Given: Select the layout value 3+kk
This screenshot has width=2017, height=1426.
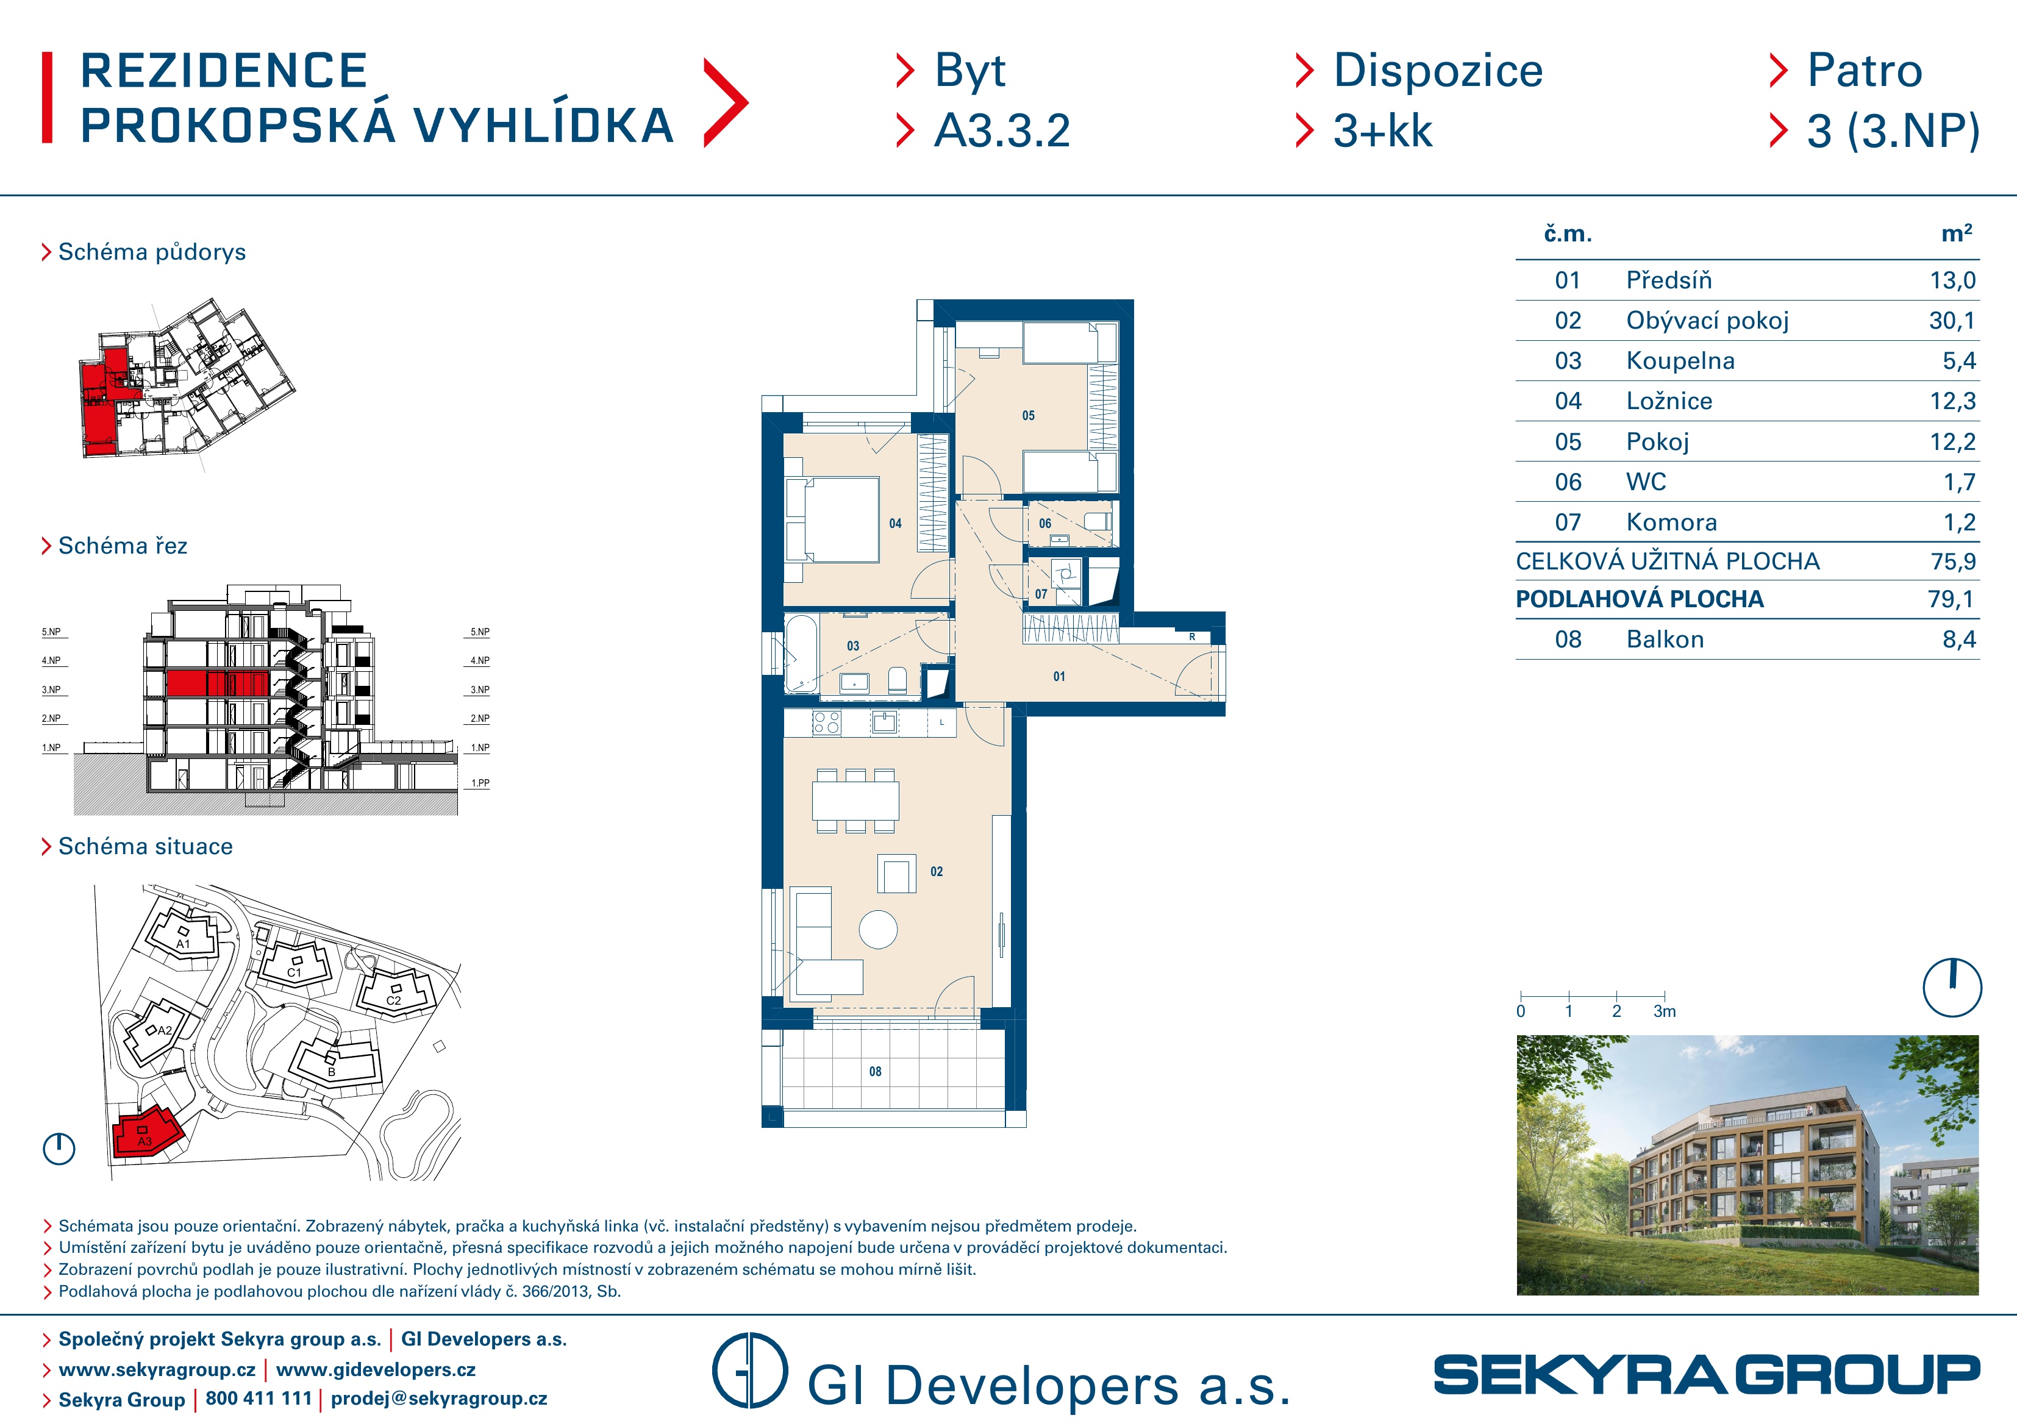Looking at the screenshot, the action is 1383,131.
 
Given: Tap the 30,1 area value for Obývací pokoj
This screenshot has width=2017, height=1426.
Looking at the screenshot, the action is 1952,321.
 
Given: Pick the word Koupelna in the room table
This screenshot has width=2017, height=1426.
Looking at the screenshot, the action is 1680,361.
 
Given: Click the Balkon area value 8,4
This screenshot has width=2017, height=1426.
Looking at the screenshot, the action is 1958,640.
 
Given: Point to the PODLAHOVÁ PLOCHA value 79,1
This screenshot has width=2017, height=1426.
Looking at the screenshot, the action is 1951,599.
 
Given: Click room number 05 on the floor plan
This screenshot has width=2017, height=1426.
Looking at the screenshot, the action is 1028,416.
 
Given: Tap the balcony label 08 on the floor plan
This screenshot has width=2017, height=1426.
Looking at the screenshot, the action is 875,1072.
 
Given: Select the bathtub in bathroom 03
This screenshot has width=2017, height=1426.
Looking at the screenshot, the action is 801,654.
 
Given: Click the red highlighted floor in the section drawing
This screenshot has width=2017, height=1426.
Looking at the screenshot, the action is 217,683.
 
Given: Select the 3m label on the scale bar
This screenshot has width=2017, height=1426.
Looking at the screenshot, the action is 1664,1011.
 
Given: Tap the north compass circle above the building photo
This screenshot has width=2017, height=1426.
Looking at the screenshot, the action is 1952,988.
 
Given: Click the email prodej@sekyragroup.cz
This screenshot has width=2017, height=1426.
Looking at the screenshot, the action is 438,1399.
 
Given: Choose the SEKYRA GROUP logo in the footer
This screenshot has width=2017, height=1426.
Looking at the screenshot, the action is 1706,1375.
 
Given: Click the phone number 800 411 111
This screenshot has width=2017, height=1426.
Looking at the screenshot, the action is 259,1398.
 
